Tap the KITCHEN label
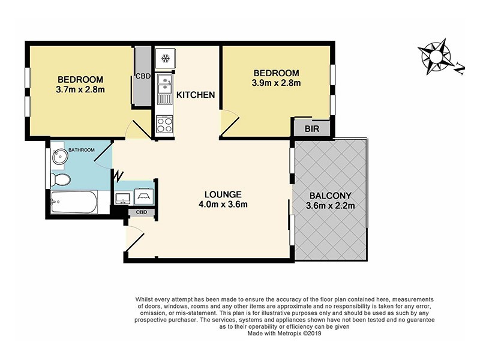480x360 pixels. click(x=195, y=95)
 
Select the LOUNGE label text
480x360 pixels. click(x=223, y=194)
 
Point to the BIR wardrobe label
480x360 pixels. click(x=311, y=128)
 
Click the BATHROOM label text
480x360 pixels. click(x=80, y=150)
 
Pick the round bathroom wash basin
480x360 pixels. click(x=60, y=157)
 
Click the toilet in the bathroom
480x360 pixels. click(x=61, y=179)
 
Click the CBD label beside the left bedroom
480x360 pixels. click(x=143, y=76)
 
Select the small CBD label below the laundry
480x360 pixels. click(x=142, y=212)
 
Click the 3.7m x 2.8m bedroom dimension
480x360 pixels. click(x=80, y=91)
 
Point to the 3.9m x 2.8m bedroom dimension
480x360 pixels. click(x=275, y=83)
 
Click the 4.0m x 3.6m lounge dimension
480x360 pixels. click(x=223, y=205)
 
